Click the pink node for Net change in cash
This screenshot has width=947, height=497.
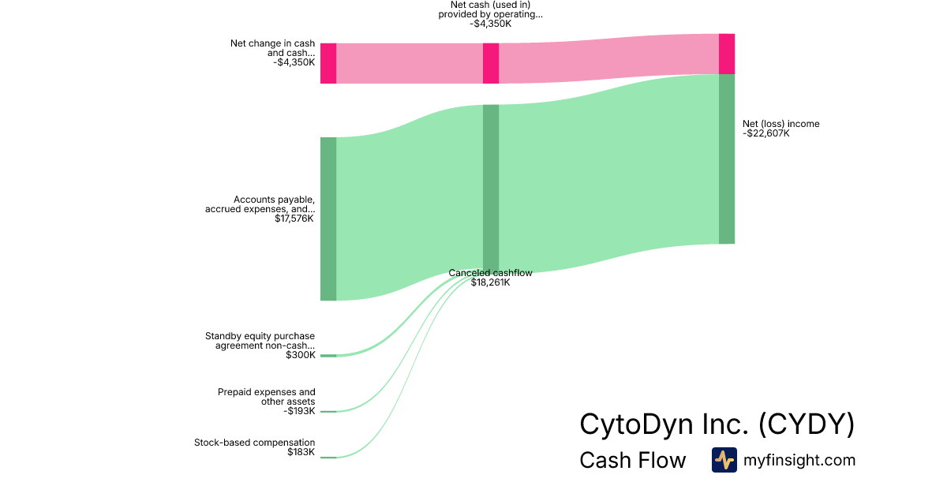[x=328, y=63]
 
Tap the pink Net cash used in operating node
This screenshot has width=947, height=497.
[x=491, y=63]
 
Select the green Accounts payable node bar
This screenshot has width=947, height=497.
[x=328, y=219]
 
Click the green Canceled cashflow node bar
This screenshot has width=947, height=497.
[x=491, y=186]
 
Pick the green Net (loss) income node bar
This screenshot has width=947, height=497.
[x=727, y=159]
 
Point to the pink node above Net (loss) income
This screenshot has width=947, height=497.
[x=727, y=54]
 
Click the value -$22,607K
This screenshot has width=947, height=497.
[x=766, y=134]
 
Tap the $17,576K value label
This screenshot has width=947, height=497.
[x=294, y=219]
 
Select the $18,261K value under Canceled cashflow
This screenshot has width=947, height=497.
[x=491, y=282]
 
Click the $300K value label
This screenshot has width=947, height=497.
[x=301, y=355]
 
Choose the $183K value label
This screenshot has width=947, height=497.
[x=301, y=452]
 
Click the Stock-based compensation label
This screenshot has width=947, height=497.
[x=254, y=443]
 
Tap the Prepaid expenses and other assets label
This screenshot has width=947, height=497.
[x=267, y=397]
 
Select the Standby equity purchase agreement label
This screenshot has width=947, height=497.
[x=260, y=340]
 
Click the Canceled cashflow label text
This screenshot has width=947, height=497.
[x=490, y=273]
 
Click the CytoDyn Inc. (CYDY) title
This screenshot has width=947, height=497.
[x=717, y=424]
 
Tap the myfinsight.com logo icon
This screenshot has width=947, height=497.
[x=724, y=460]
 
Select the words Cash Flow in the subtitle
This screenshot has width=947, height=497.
[x=633, y=461]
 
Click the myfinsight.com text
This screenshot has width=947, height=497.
[x=799, y=461]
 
